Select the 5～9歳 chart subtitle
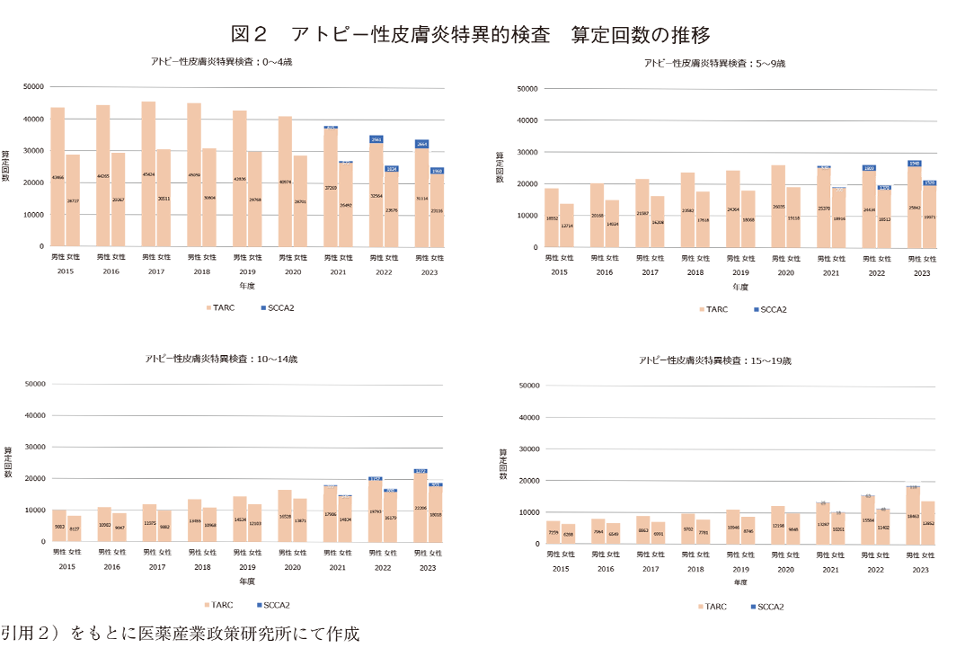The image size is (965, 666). [715, 64]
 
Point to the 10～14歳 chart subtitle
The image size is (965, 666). [221, 359]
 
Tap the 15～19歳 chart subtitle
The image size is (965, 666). [715, 360]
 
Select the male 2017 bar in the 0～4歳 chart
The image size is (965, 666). [148, 175]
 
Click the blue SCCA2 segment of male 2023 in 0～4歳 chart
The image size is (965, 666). [421, 144]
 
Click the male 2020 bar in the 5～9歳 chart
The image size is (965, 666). [778, 207]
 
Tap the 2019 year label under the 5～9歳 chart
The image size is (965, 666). [740, 272]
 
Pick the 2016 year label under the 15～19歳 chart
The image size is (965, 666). [605, 569]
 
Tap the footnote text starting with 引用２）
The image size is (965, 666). [180, 634]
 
